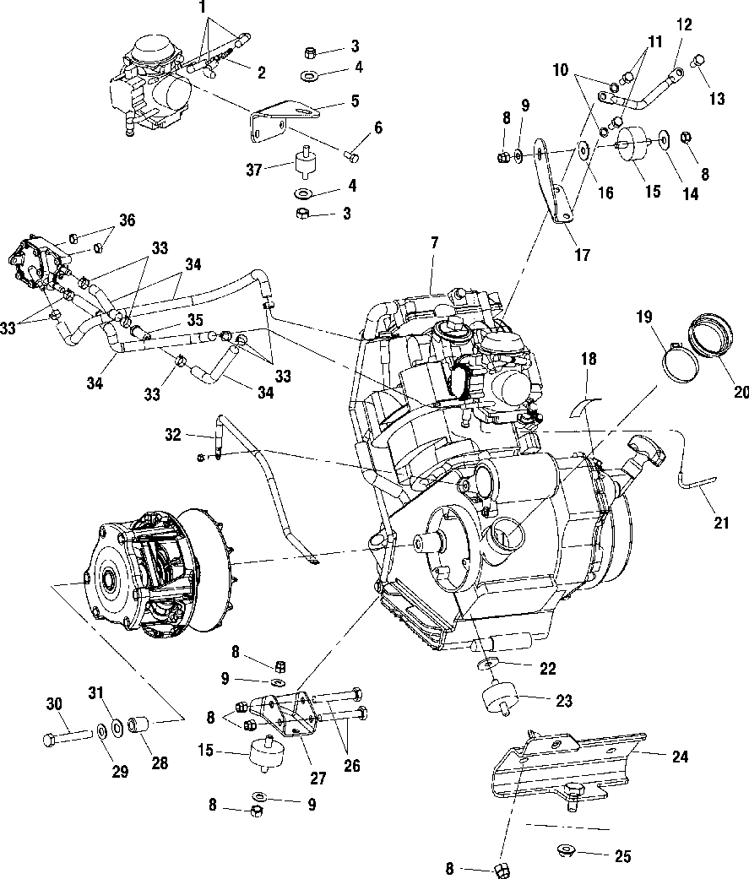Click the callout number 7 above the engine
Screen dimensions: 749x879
click(x=435, y=244)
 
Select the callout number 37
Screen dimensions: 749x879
click(x=254, y=169)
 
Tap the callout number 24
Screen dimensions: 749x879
click(x=680, y=757)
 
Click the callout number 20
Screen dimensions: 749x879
click(x=741, y=392)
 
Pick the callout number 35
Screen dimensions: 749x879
click(x=194, y=320)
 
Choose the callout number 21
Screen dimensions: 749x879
click(x=721, y=523)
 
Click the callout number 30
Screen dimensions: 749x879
click(x=54, y=703)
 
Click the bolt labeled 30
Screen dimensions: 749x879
click(x=67, y=736)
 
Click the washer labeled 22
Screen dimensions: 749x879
click(x=487, y=665)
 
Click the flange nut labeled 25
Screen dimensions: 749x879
click(x=567, y=850)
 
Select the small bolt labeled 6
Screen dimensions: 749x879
click(x=350, y=155)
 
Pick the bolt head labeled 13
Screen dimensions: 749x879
click(x=699, y=61)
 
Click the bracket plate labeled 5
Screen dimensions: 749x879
click(x=285, y=119)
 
